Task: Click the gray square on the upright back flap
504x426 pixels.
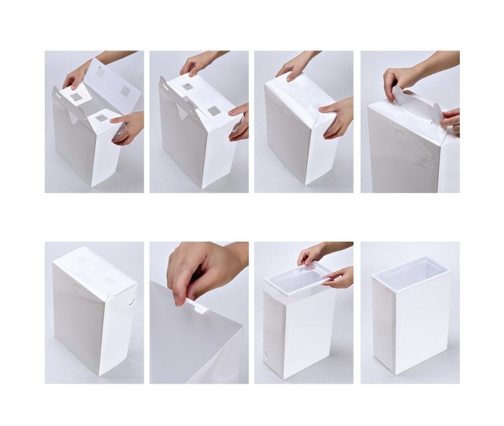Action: (x=125, y=91)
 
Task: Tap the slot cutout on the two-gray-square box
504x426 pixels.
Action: (x=167, y=89)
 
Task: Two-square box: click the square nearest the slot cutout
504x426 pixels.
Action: (x=188, y=86)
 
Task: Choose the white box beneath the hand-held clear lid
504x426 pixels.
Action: (x=299, y=333)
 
